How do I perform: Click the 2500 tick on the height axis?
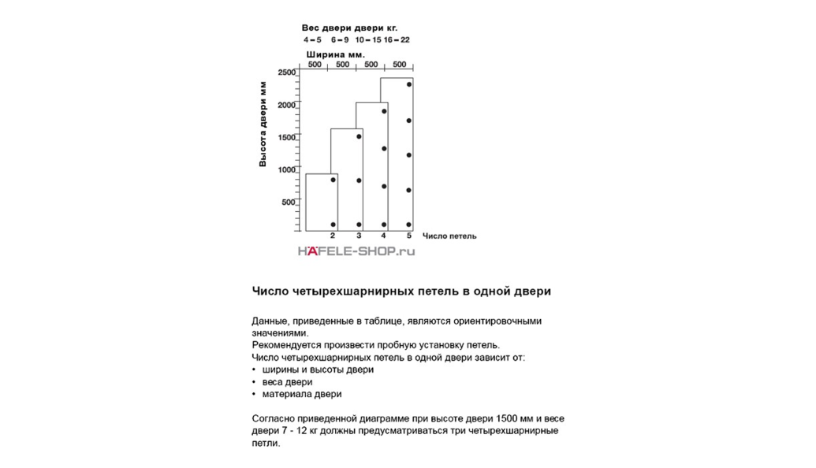coord(286,72)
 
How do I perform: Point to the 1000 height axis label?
coord(286,169)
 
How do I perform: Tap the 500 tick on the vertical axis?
coord(289,202)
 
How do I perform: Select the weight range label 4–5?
coord(311,39)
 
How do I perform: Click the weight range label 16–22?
coord(397,39)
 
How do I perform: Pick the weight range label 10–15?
coord(367,39)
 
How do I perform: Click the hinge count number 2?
coord(333,236)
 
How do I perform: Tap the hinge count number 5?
coord(408,236)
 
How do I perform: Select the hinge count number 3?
coord(359,236)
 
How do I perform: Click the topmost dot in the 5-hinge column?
coord(409,84)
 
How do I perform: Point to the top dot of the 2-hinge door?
coord(333,180)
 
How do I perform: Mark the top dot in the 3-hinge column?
coord(359,137)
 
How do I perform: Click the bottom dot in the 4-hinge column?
coord(384,225)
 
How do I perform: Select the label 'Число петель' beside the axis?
coord(449,236)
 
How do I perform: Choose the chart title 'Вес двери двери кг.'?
coord(356,28)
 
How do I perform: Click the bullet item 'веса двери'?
coord(285,381)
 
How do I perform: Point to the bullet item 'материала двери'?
coord(301,394)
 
